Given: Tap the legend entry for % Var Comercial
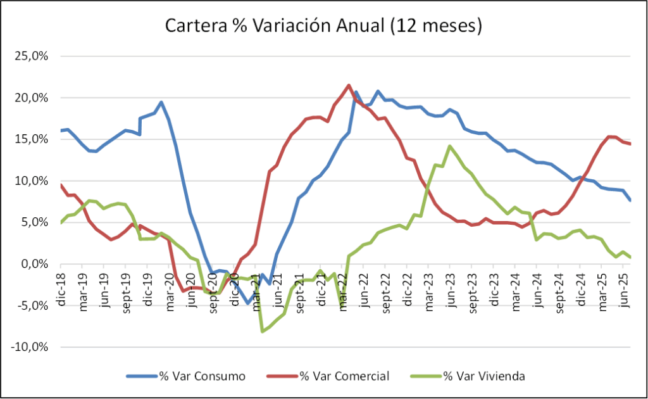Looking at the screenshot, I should click(x=344, y=376).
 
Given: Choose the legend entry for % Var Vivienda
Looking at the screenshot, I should click(x=483, y=376).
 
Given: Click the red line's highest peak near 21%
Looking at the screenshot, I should click(x=349, y=85).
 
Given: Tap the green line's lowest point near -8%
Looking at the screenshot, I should click(x=262, y=331).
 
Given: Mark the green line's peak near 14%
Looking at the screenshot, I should click(x=449, y=146).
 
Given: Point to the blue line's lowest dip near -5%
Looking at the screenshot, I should click(x=248, y=303).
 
